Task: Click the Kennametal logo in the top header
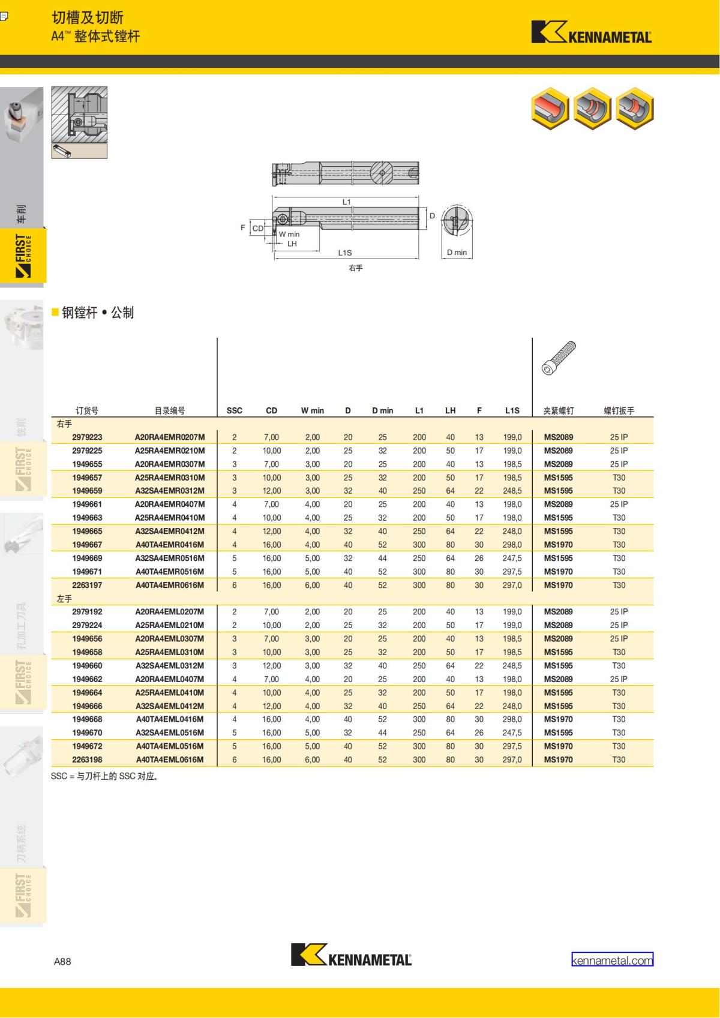pos(591,33)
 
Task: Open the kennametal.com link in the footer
pos(612,960)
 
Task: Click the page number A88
pos(62,961)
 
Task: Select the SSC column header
pos(235,410)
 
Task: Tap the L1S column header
pos(512,410)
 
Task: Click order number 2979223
pos(87,437)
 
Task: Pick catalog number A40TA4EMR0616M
pos(170,585)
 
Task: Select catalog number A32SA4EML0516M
pos(170,732)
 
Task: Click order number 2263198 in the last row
pos(87,759)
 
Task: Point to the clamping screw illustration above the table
pos(559,359)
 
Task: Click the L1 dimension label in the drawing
pos(346,202)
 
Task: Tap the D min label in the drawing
pos(457,253)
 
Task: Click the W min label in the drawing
pos(289,235)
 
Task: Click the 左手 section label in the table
pos(64,599)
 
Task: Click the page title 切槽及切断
pos(88,17)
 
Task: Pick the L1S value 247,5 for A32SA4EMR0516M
pos(512,558)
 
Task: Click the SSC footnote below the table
pos(105,776)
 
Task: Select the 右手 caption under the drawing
pos(355,268)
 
